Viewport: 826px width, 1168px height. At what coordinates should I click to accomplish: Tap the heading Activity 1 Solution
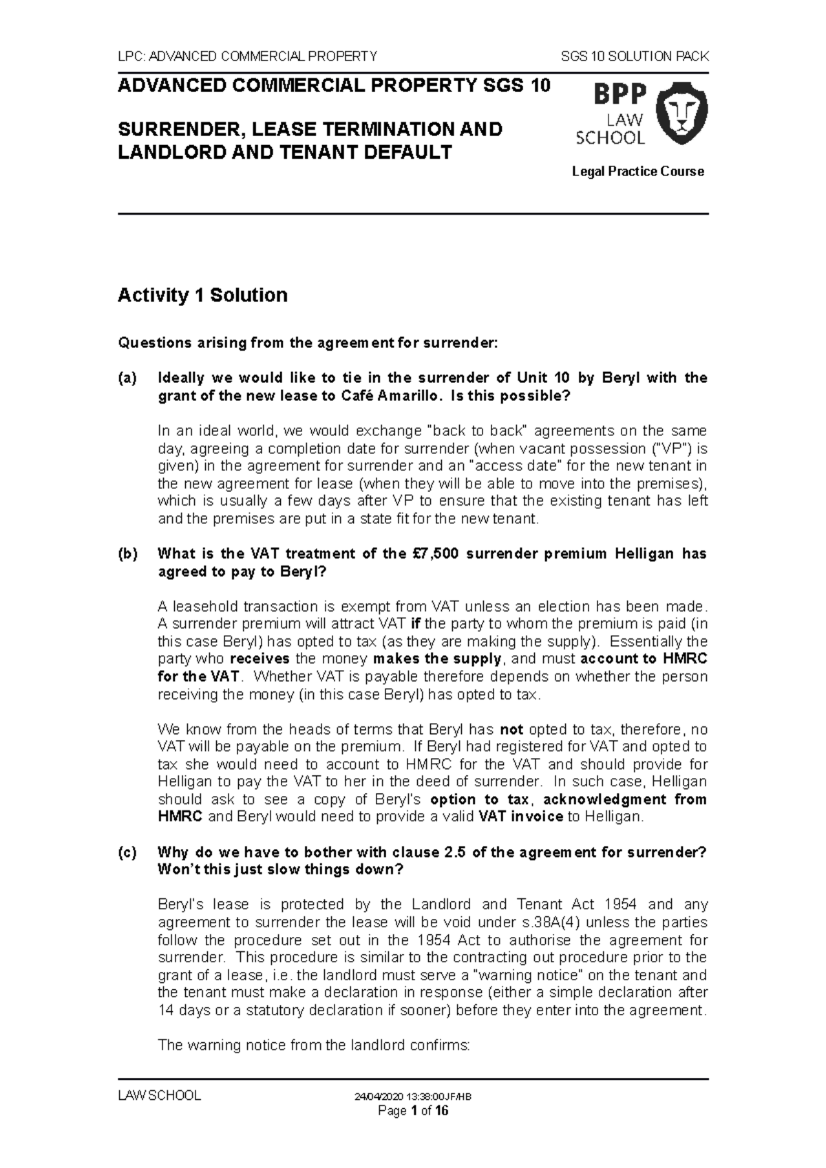202,296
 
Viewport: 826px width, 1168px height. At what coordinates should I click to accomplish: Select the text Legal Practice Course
637,171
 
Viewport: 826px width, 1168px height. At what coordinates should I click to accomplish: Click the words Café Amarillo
389,396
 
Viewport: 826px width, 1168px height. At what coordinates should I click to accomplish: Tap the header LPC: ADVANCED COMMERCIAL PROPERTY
248,56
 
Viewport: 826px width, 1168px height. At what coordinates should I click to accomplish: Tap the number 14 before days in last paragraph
165,1010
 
